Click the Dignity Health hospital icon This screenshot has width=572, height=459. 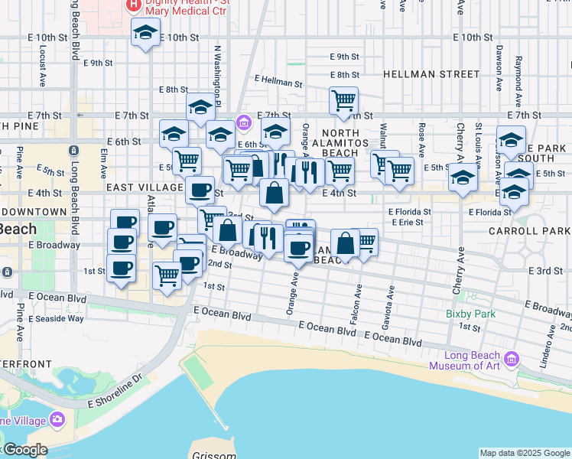coord(135,5)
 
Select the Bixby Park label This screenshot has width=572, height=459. coord(470,314)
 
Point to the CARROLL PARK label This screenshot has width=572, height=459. coord(530,230)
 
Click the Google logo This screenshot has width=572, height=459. coord(25,450)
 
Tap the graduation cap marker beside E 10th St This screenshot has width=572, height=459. coord(145,34)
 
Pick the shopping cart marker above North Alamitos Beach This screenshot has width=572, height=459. coord(344,99)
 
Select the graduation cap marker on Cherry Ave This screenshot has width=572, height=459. coord(463,177)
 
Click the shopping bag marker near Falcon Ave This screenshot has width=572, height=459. coord(346,243)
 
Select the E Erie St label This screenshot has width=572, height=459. coord(407,222)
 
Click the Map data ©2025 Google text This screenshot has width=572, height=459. coord(525,453)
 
